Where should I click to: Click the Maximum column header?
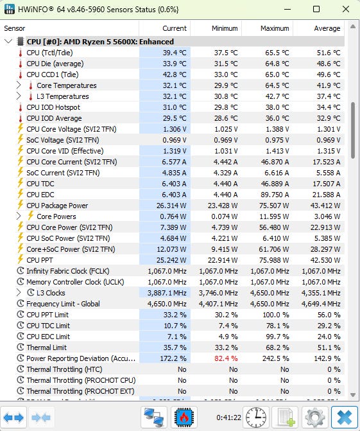275,28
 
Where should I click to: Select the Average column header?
327,28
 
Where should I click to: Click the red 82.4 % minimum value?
226,358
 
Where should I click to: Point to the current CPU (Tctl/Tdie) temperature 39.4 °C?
175,53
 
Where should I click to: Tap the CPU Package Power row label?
57,206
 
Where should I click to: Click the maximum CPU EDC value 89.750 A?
275,195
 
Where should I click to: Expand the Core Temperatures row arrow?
19,85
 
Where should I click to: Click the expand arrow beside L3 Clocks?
19,292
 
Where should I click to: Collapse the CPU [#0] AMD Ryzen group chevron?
8,42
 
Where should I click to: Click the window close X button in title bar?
346,9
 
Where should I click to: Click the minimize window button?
287,9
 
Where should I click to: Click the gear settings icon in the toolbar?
315,418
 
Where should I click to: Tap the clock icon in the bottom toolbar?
255,418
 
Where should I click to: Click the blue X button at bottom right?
345,418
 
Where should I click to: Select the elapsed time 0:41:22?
228,418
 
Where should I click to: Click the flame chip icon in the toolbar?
184,418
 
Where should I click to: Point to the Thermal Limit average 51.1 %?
329,347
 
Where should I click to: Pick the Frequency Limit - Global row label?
63,304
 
